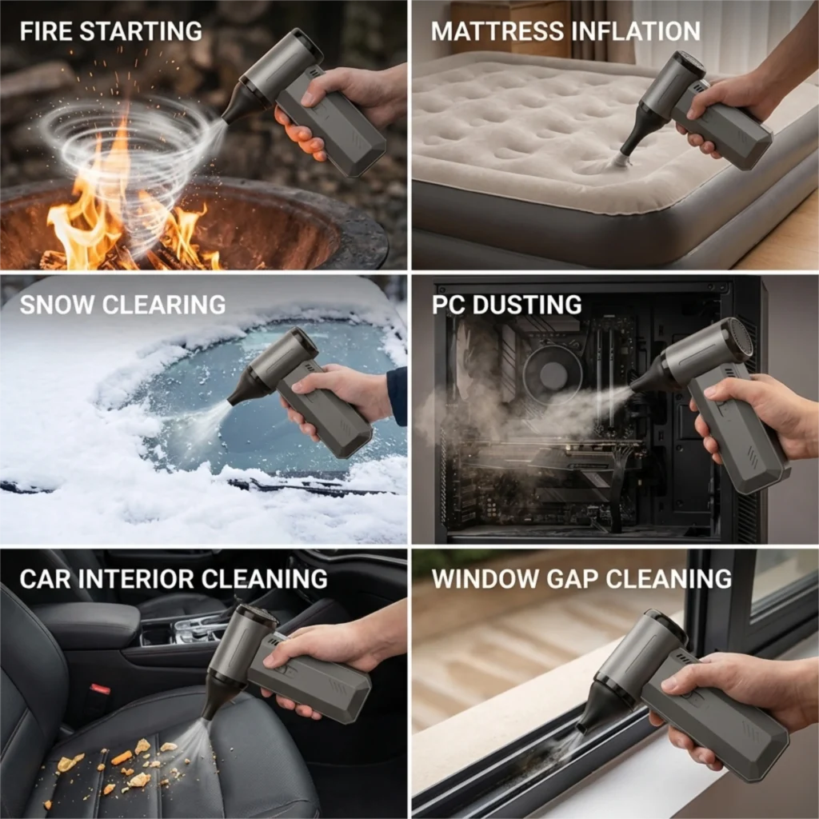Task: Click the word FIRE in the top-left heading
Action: (x=46, y=32)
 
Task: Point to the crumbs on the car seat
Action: (x=120, y=760)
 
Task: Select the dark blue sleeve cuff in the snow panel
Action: (x=397, y=395)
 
